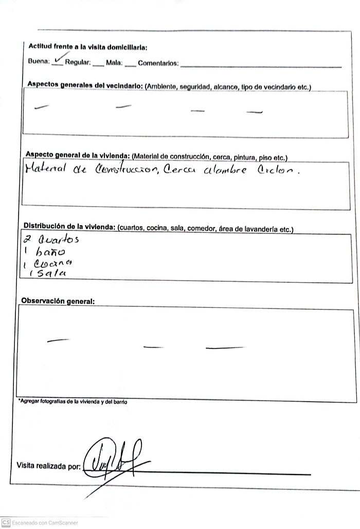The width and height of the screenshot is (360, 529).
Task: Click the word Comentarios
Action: tap(158, 63)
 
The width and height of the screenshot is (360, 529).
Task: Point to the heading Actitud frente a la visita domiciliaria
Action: tap(87, 47)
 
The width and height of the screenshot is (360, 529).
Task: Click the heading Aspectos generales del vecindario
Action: tap(85, 85)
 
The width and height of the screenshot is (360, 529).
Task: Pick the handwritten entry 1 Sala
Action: tap(48, 273)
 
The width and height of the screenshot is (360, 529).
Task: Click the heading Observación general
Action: tap(58, 301)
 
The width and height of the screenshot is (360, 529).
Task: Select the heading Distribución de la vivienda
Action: tap(70, 227)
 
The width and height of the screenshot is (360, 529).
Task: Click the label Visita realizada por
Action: tap(48, 466)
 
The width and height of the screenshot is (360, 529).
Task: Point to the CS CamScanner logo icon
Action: tap(6, 522)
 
